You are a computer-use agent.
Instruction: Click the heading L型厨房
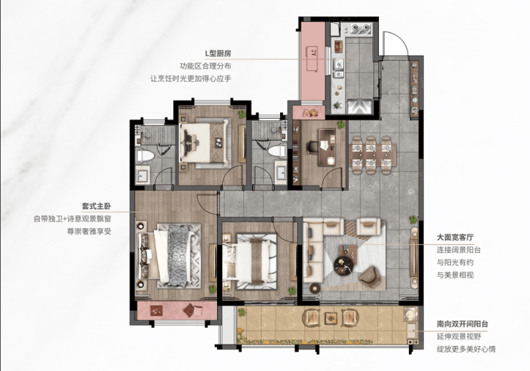218,54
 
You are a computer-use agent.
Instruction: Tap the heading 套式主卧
97,206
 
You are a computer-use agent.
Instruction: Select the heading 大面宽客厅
455,237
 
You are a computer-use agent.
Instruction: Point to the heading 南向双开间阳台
462,324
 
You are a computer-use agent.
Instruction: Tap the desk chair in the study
312,148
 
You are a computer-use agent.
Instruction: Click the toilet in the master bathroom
145,155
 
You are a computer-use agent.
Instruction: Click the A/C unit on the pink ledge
313,58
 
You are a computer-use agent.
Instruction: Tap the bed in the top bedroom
205,142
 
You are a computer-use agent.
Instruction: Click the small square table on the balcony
331,317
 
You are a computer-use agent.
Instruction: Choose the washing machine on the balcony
410,314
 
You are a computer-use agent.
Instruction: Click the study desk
327,148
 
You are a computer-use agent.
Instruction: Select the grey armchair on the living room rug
369,275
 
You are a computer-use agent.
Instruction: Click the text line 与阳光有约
455,263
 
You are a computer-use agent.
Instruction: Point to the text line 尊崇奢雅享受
90,231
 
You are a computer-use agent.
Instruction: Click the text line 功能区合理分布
206,66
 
